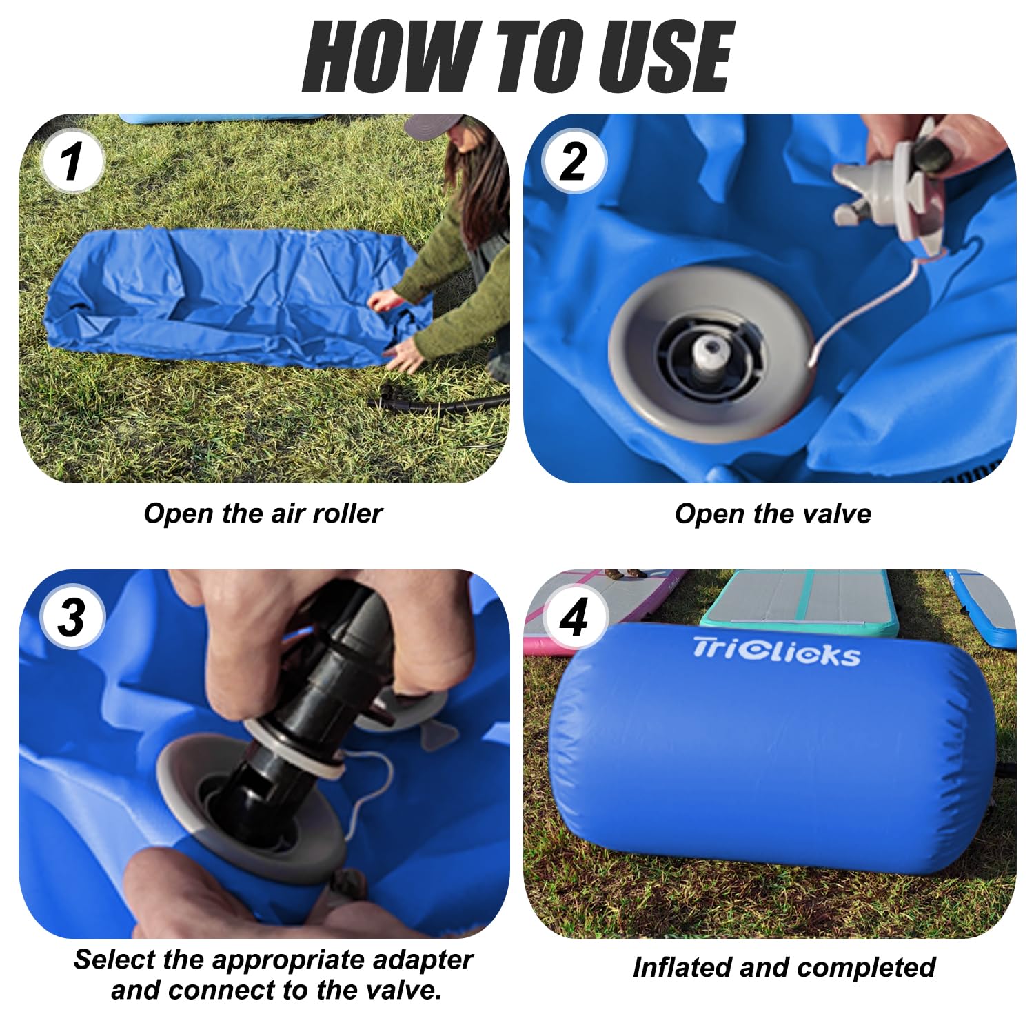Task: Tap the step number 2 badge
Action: point(574,162)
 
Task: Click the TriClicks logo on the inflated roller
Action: point(776,651)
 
